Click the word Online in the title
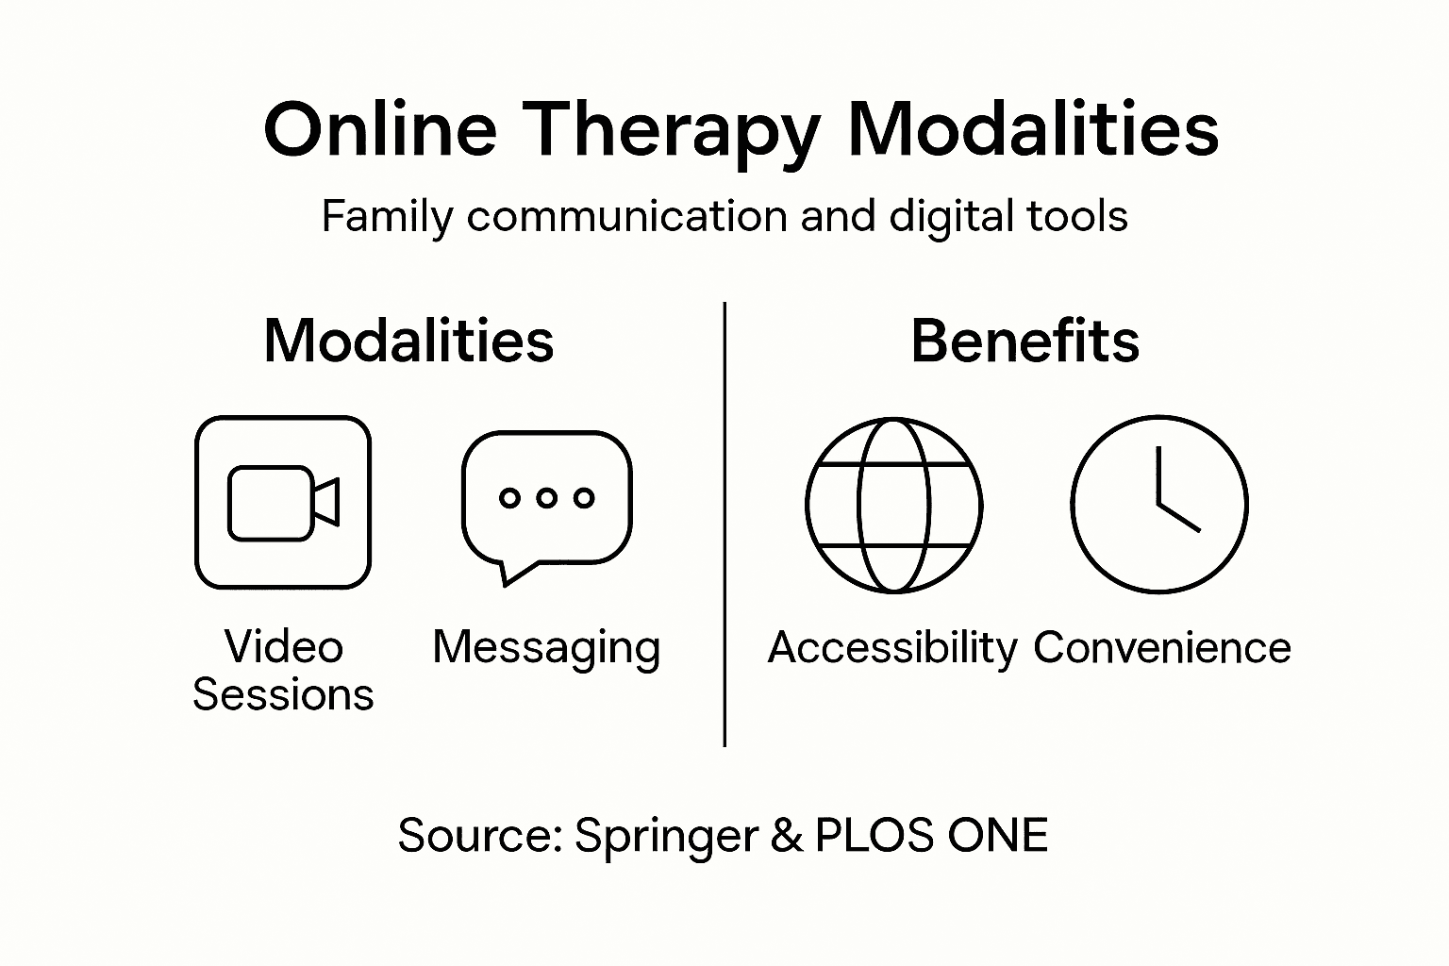pos(379,128)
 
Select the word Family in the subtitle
pos(387,217)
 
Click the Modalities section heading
pos(408,341)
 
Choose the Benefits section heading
pos(1024,341)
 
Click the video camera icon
pos(283,502)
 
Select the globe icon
pos(893,505)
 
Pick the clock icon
pos(1158,505)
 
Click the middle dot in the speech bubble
pos(546,497)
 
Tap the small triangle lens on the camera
pos(326,502)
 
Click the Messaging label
pos(546,648)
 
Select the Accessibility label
pos(892,648)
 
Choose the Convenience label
pos(1161,648)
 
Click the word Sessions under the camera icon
pos(283,695)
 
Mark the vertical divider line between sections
pos(724,524)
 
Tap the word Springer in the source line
pos(666,836)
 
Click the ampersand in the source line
pos(786,836)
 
